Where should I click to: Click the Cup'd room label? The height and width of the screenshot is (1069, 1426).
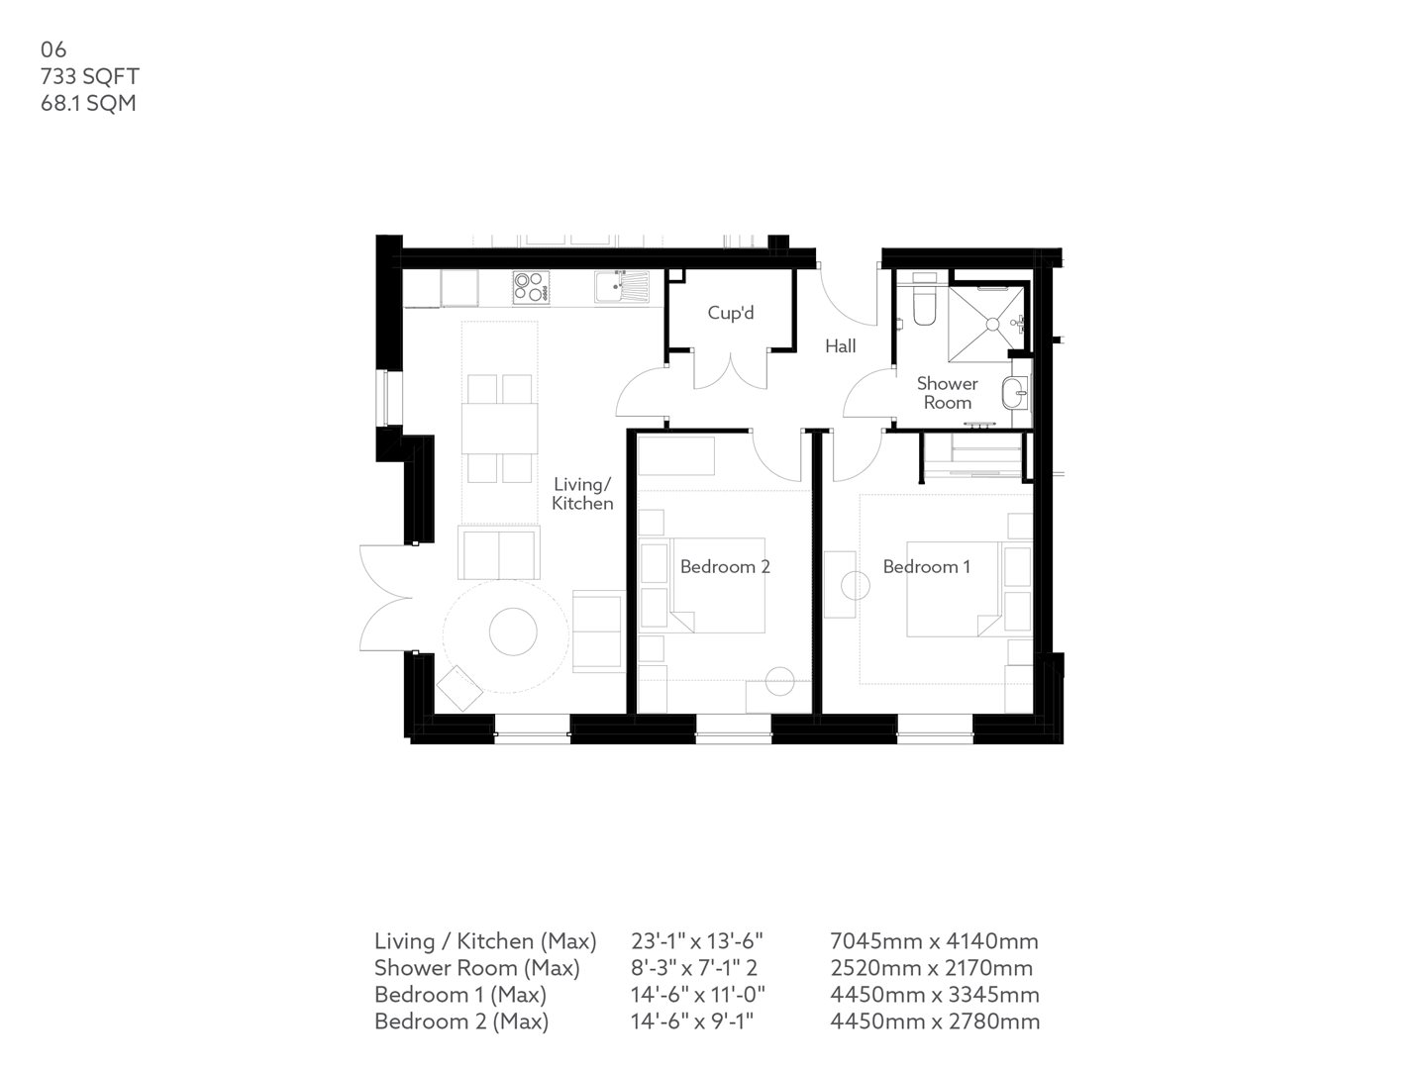click(x=731, y=314)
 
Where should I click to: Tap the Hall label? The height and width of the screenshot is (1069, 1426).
click(x=841, y=346)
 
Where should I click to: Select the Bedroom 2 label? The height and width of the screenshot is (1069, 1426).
click(x=725, y=567)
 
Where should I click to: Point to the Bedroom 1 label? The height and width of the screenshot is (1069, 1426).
click(x=926, y=567)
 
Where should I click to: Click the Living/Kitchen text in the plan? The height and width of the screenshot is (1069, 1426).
click(x=582, y=494)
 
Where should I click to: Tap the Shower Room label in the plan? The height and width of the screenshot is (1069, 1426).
click(x=947, y=393)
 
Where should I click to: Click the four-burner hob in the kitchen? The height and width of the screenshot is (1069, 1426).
click(x=530, y=287)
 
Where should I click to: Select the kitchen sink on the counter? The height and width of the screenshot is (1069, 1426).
click(x=620, y=287)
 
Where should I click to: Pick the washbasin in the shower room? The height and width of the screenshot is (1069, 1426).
click(x=1015, y=394)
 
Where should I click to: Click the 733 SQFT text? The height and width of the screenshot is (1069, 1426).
click(x=90, y=76)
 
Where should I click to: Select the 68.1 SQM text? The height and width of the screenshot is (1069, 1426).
click(x=88, y=103)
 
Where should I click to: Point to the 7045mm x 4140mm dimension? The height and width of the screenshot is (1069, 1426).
click(x=933, y=941)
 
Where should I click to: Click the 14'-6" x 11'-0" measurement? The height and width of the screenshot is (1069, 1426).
click(x=698, y=995)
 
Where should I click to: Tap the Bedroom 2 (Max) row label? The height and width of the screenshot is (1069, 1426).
click(x=460, y=1021)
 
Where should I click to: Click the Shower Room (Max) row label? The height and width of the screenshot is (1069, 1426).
click(x=476, y=968)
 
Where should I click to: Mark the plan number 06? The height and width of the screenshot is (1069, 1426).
click(x=53, y=49)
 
